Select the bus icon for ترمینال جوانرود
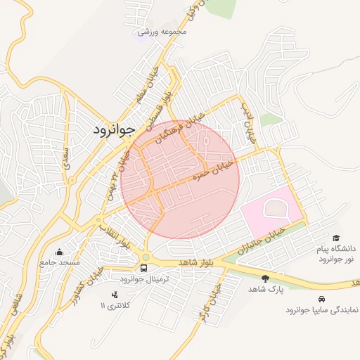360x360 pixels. click(144, 268)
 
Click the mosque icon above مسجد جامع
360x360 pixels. click(60, 252)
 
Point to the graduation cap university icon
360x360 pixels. click(337, 238)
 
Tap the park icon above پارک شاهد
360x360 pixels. click(265, 278)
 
